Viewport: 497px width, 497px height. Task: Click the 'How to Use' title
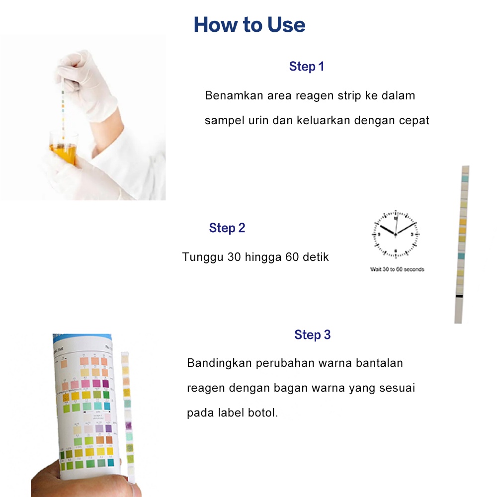coord(249,24)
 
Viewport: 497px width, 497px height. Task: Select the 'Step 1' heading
coord(307,67)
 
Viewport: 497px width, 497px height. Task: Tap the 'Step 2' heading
coord(227,228)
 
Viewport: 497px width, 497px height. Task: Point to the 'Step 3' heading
coord(312,335)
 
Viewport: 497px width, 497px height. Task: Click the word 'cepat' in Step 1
coord(414,121)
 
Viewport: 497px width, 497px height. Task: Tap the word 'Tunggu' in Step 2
coord(203,257)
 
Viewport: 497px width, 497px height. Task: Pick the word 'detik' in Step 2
coord(314,257)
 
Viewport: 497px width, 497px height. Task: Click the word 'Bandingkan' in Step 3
coord(219,363)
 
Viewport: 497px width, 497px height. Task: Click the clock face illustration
coord(396,234)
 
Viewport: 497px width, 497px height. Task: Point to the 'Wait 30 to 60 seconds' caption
coord(397,269)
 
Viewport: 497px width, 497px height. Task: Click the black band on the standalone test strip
coord(459,297)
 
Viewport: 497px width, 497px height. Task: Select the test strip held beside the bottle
coord(127,413)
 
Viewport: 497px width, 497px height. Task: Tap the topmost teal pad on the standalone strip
coord(465,178)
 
